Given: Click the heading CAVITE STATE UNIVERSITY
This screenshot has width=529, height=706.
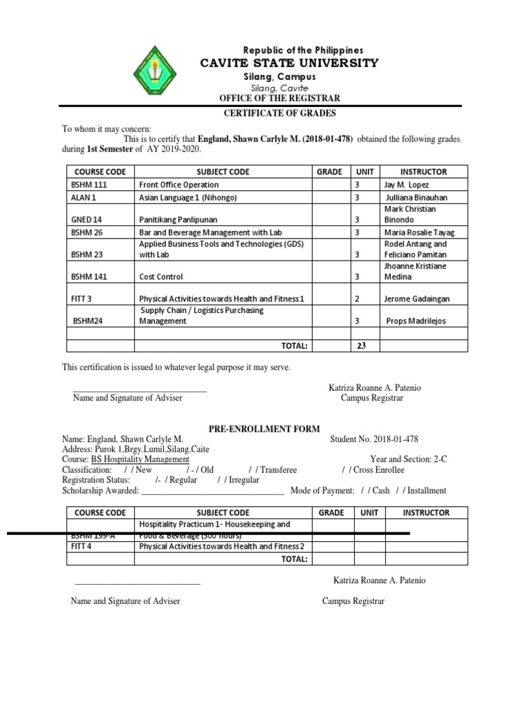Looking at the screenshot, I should (289, 63).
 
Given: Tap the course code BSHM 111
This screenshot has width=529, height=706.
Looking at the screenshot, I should (90, 185).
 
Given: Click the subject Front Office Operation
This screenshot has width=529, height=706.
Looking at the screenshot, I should (179, 185).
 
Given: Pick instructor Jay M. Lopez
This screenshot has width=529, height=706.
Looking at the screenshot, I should (406, 185).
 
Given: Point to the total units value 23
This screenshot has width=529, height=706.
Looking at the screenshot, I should (361, 346).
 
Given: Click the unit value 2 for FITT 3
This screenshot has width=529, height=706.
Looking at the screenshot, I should (357, 299).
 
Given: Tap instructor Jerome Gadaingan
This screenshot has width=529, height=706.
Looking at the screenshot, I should (416, 299).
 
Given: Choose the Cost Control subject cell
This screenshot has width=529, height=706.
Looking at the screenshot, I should (161, 276).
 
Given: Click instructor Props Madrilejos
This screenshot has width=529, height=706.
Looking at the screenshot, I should (418, 321).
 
